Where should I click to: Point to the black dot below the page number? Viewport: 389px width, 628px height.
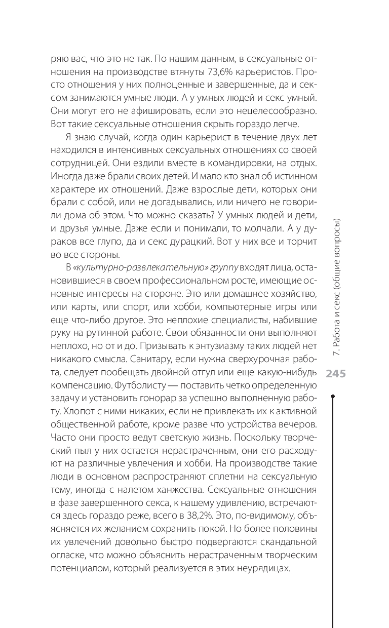(332, 398)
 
